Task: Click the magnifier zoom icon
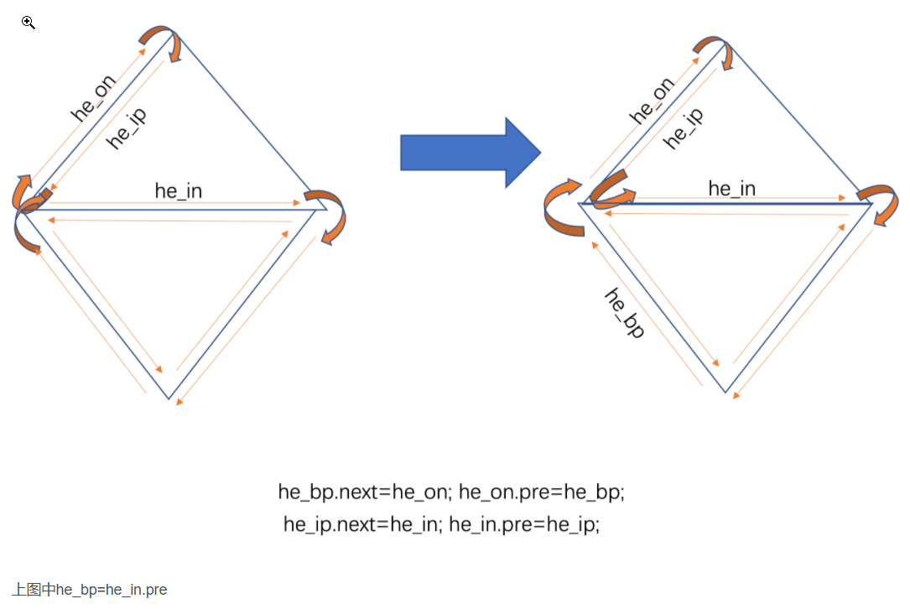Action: pos(29,23)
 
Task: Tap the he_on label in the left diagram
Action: pos(93,98)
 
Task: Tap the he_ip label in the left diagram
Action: pos(127,128)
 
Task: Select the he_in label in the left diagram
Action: pos(179,190)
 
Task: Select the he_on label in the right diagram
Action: pos(652,100)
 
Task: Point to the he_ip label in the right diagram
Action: pos(684,128)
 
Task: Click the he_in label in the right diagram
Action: pos(731,189)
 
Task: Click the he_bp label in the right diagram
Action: pos(625,313)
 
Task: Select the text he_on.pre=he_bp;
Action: pos(542,492)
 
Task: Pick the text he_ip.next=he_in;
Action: pos(361,525)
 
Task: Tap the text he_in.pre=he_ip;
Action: pos(524,525)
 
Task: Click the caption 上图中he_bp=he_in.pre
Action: pos(90,590)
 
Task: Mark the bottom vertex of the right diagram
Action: pos(725,392)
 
